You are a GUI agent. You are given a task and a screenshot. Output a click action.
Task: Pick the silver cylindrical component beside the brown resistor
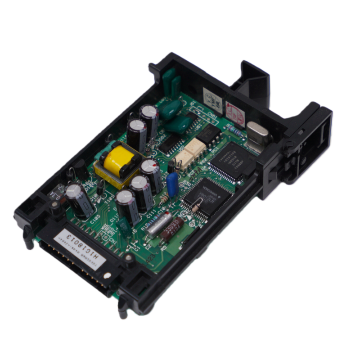pyautogui.click(x=158, y=223)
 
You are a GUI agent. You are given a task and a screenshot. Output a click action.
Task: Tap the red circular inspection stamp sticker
pyautogui.click(x=233, y=110)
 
